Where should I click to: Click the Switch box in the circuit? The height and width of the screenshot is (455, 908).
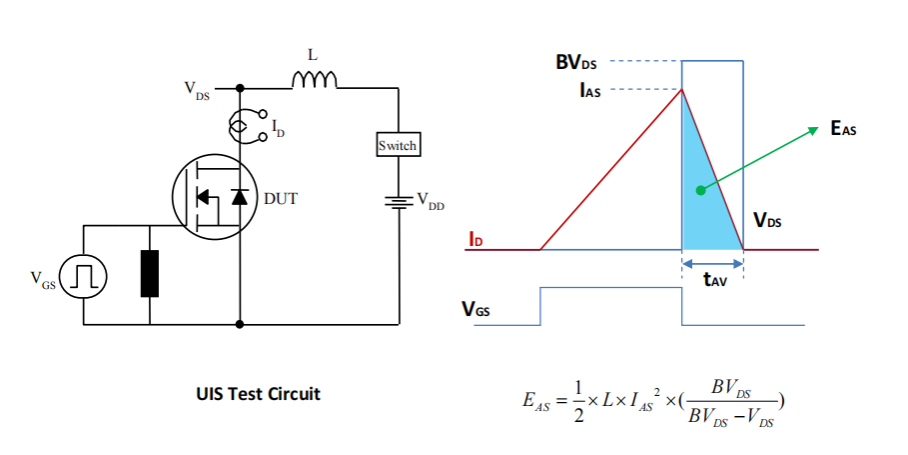tap(398, 146)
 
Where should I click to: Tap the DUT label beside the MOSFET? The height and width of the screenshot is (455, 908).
tap(281, 198)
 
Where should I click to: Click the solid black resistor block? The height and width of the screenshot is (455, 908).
tap(150, 274)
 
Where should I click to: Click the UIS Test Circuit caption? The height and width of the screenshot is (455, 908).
tap(258, 394)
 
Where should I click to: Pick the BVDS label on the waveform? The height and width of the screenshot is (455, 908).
tap(577, 62)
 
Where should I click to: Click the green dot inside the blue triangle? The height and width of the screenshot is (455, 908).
tap(700, 189)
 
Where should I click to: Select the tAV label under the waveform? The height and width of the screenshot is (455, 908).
tap(713, 281)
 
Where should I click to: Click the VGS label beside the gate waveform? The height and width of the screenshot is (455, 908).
tap(475, 309)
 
